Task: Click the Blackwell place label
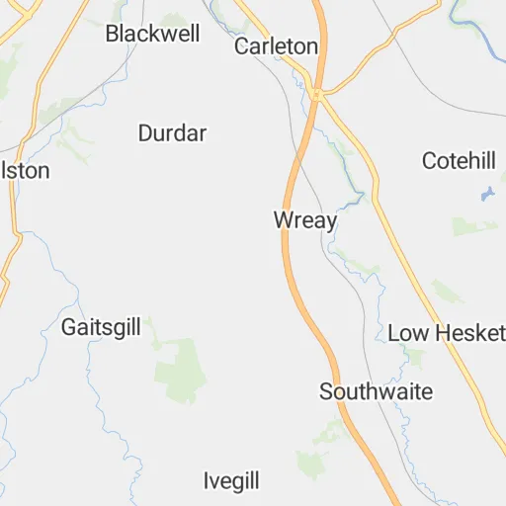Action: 152,34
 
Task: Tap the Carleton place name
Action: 276,46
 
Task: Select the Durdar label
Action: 172,132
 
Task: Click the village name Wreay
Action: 305,220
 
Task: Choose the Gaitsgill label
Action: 101,326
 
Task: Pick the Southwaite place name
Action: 376,391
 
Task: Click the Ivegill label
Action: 231,481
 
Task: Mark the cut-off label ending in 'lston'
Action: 25,170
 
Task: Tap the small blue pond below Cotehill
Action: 487,194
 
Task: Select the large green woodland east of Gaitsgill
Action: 180,371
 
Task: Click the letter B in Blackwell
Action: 112,34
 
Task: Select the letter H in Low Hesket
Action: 439,333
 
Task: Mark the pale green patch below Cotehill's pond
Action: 474,227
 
